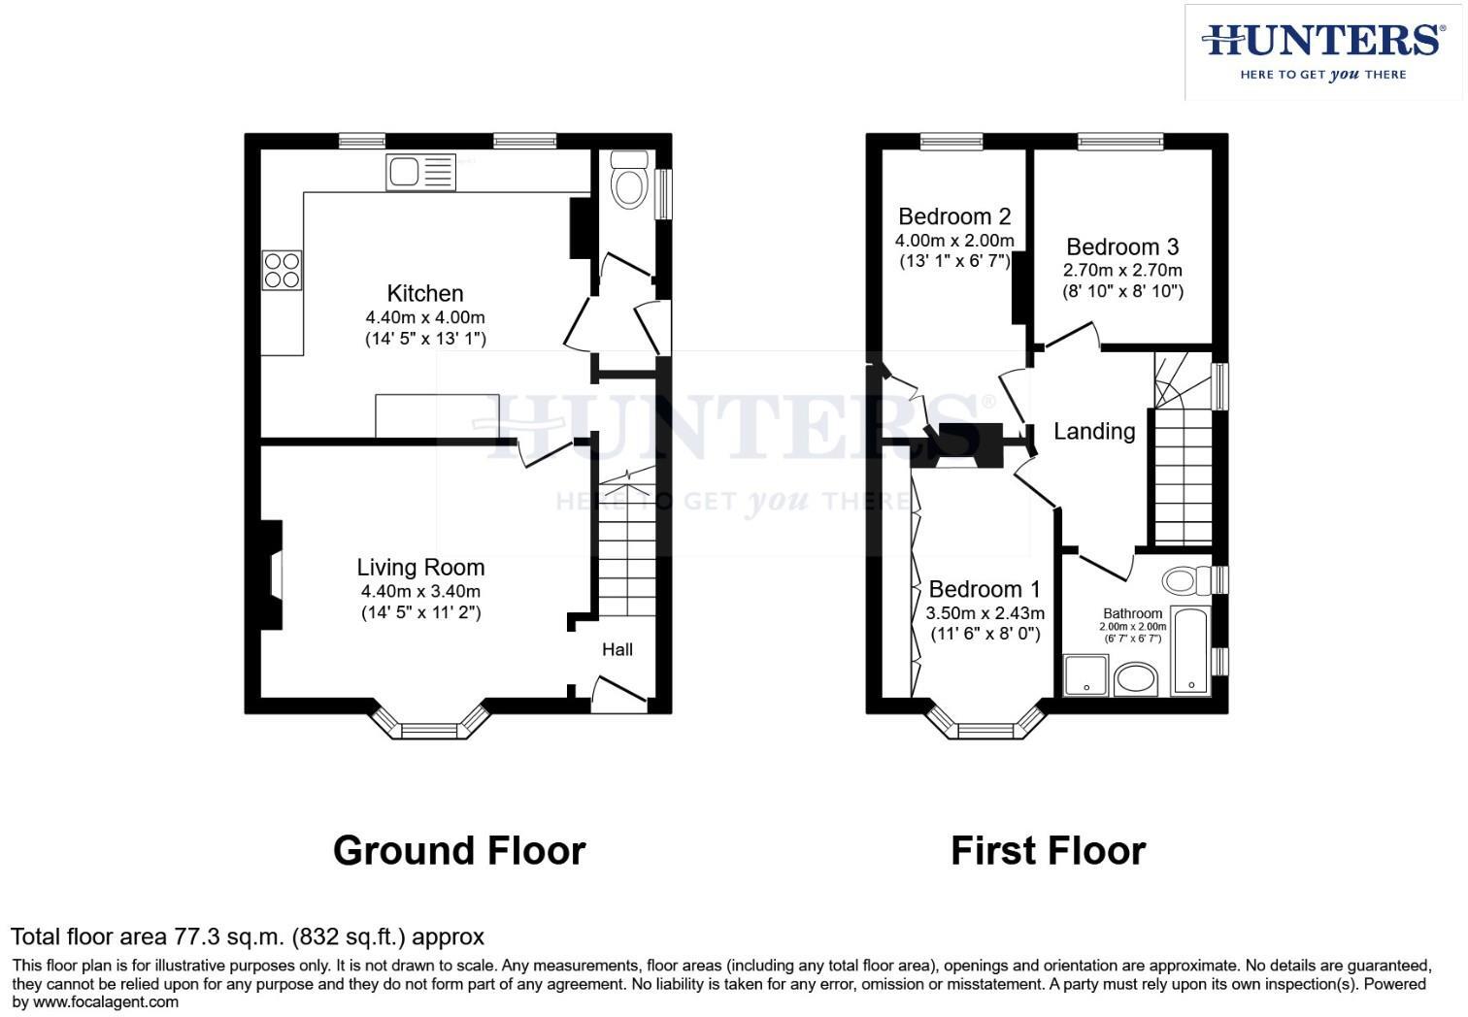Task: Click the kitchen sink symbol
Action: pyautogui.click(x=420, y=173)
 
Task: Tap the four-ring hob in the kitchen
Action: pyautogui.click(x=283, y=270)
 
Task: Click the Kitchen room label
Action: pyautogui.click(x=425, y=293)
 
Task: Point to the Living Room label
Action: pyautogui.click(x=420, y=568)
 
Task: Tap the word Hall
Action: pyautogui.click(x=617, y=650)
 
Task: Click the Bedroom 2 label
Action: pyautogui.click(x=954, y=216)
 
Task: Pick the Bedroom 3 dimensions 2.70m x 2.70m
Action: pyautogui.click(x=1123, y=271)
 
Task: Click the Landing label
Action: pyautogui.click(x=1094, y=432)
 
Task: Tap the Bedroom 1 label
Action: pyautogui.click(x=984, y=589)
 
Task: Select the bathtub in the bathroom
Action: pyautogui.click(x=1190, y=651)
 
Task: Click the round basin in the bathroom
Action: pyautogui.click(x=1136, y=678)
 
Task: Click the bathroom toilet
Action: pyautogui.click(x=1184, y=581)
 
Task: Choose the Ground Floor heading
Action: pyautogui.click(x=459, y=851)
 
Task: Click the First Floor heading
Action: pyautogui.click(x=1048, y=851)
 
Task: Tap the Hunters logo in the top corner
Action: pyautogui.click(x=1323, y=51)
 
